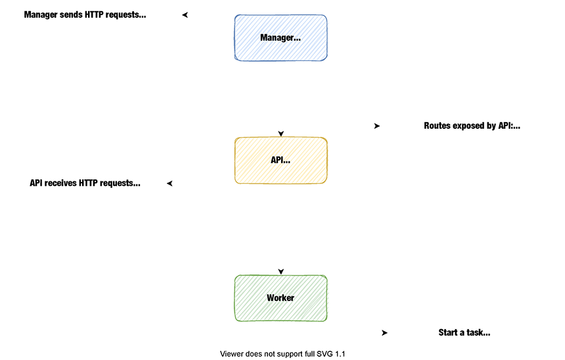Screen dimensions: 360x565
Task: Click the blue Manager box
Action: tap(281, 38)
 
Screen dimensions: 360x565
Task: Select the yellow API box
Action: tap(281, 160)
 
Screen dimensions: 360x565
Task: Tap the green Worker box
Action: tap(281, 298)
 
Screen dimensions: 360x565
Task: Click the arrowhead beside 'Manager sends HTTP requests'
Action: tap(185, 15)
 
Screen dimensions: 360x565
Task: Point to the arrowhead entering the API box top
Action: tap(281, 134)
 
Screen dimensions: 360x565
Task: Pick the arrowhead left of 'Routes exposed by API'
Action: tap(376, 126)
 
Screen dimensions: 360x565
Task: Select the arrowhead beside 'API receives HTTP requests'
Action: tap(169, 183)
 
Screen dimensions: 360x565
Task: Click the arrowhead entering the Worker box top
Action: tap(281, 271)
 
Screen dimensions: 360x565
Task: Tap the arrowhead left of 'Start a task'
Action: tap(384, 333)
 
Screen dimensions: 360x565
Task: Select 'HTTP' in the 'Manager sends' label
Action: tap(96, 14)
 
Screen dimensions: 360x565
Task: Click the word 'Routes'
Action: tap(438, 125)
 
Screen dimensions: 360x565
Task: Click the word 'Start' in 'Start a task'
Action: tap(449, 332)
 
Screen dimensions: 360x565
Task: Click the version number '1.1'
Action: tap(340, 354)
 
